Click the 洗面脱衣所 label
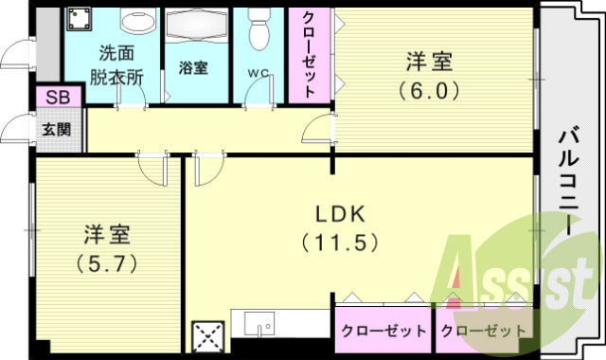pyautogui.click(x=118, y=65)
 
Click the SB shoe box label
pyautogui.click(x=48, y=98)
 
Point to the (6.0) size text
pyautogui.click(x=429, y=92)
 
